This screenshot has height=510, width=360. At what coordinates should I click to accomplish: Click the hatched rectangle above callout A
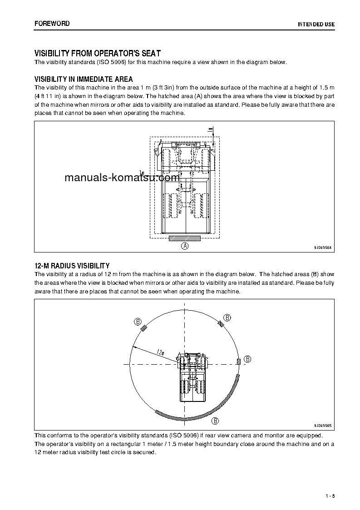tap(185, 238)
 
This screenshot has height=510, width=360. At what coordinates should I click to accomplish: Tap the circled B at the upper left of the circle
tap(138, 322)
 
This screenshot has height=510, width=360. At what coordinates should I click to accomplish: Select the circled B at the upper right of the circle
tap(227, 317)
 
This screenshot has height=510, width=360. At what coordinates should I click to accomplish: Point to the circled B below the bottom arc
tap(216, 421)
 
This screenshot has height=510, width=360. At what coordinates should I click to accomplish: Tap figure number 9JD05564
tap(323, 248)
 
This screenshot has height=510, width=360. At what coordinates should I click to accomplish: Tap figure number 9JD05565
tap(323, 426)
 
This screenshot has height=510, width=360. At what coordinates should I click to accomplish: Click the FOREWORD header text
tap(52, 24)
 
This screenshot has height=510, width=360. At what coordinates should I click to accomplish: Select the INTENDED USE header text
tap(316, 24)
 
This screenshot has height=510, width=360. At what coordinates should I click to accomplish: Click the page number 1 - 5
tap(330, 495)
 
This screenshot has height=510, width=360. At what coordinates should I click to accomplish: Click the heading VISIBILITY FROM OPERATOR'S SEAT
tap(98, 54)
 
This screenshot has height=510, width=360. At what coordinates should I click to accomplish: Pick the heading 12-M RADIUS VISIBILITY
tap(72, 266)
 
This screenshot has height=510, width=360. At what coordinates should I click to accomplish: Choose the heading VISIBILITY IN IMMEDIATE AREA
tap(84, 79)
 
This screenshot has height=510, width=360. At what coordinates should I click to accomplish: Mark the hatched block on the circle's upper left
tap(144, 328)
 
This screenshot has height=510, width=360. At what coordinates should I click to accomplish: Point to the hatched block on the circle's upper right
tap(220, 323)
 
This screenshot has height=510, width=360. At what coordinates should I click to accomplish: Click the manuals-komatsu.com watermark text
tap(122, 178)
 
